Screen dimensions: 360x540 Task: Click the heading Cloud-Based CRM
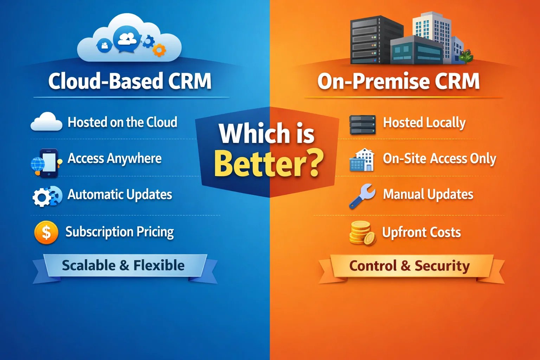pos(130,81)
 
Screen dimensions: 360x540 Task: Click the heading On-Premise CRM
pos(398,81)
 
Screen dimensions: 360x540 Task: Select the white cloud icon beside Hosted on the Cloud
pos(46,122)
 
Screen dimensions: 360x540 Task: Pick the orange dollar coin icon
pos(46,232)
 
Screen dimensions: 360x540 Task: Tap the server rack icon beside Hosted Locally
pos(362,125)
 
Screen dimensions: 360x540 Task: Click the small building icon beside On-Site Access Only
pos(362,160)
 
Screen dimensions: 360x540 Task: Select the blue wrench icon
pos(362,196)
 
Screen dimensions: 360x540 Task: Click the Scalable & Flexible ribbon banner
pos(123,265)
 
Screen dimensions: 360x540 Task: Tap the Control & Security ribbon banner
pos(409,266)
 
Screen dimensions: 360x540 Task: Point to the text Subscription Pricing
pos(120,232)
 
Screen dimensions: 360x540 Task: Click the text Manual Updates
pos(428,194)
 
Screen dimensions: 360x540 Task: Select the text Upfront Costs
pos(421,232)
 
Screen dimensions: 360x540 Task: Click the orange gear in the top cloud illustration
pos(159,50)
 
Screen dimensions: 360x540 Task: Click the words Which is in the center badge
pos(266,134)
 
